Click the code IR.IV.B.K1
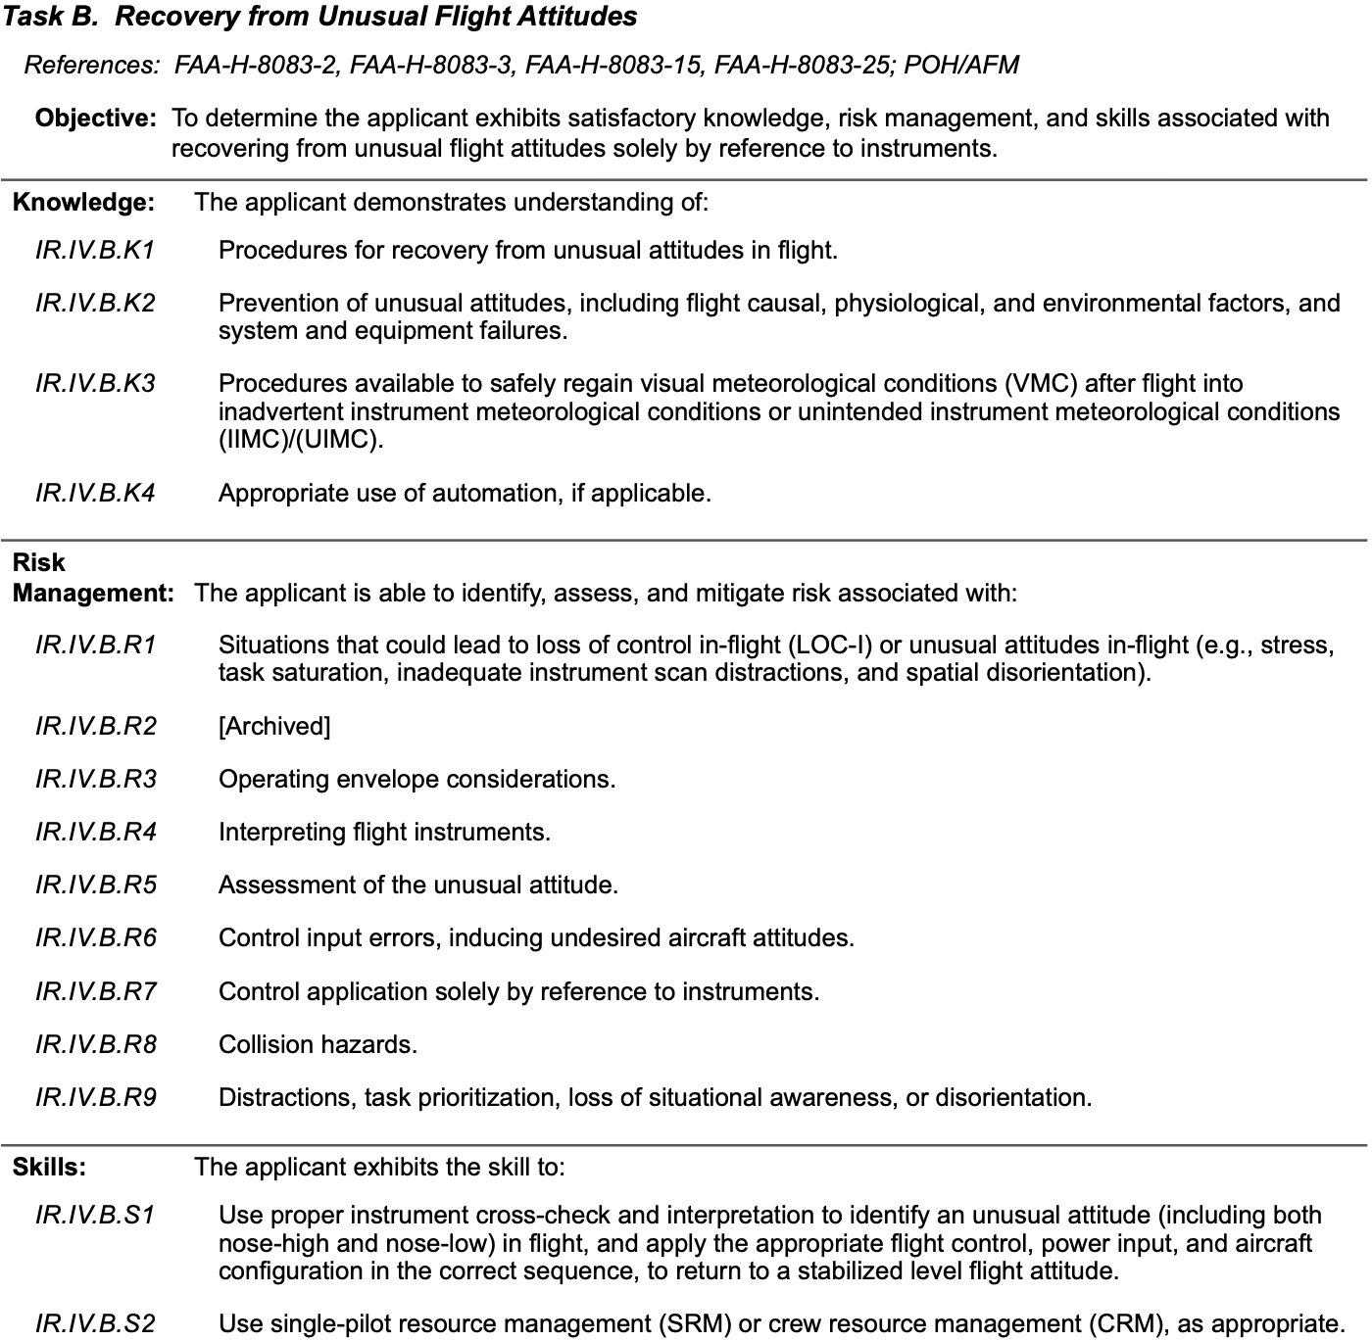coord(95,251)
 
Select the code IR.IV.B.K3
coord(95,384)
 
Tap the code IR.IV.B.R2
coord(95,727)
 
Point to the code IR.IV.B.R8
coord(95,1045)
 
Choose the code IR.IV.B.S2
coord(95,1324)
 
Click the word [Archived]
coord(274,727)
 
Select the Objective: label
coord(95,119)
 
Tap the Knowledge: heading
coord(83,203)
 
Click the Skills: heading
coord(49,1168)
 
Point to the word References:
coord(91,66)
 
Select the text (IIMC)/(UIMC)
coord(301,440)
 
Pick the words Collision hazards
coord(318,1045)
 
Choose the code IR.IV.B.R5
coord(95,886)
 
